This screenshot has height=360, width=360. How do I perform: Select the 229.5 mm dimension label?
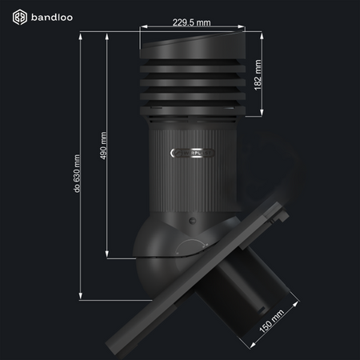(x=194, y=22)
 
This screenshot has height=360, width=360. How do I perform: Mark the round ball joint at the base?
(x=160, y=256)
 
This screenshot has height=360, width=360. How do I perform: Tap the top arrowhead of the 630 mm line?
(x=80, y=34)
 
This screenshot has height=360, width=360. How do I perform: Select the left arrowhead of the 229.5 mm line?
(x=142, y=30)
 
